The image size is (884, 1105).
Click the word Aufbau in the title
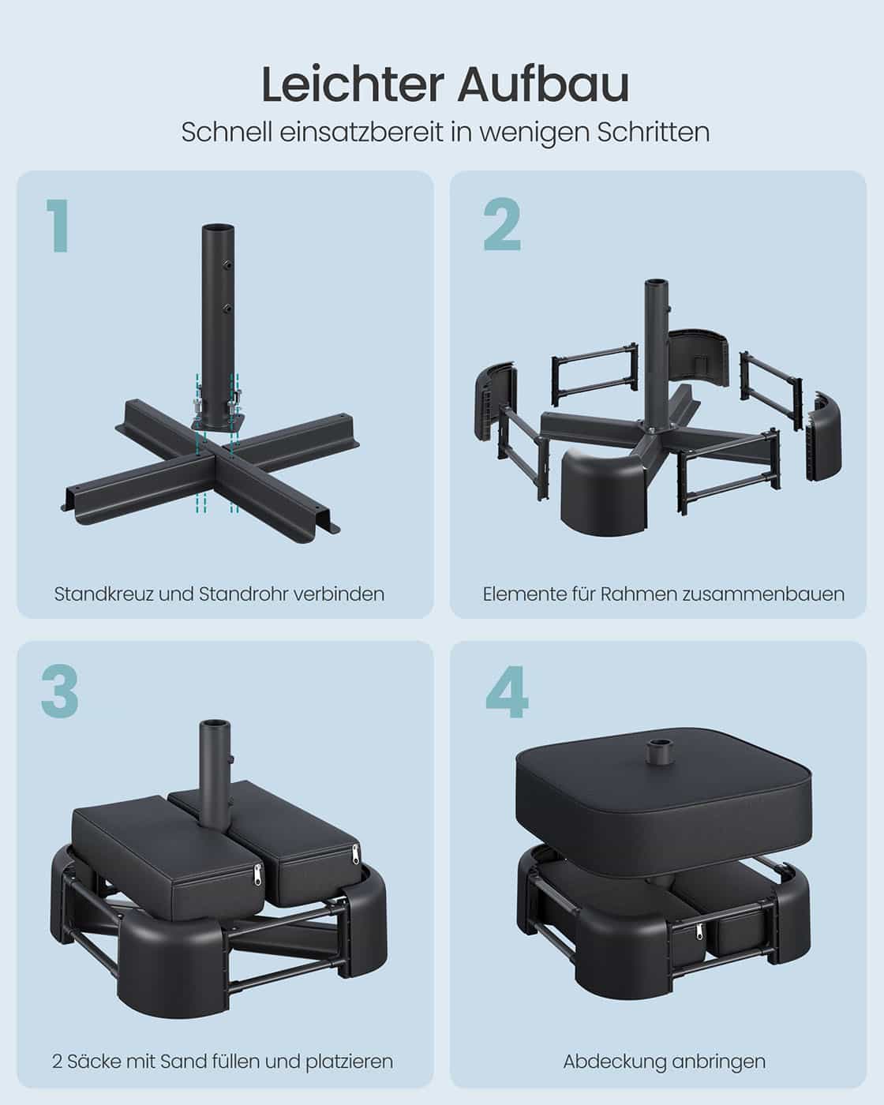pos(542,85)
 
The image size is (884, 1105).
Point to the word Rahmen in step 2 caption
pos(635,594)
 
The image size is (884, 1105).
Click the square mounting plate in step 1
pos(217,418)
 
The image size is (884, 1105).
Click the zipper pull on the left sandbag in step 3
pos(256,874)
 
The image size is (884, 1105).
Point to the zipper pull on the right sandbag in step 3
pos(354,855)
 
